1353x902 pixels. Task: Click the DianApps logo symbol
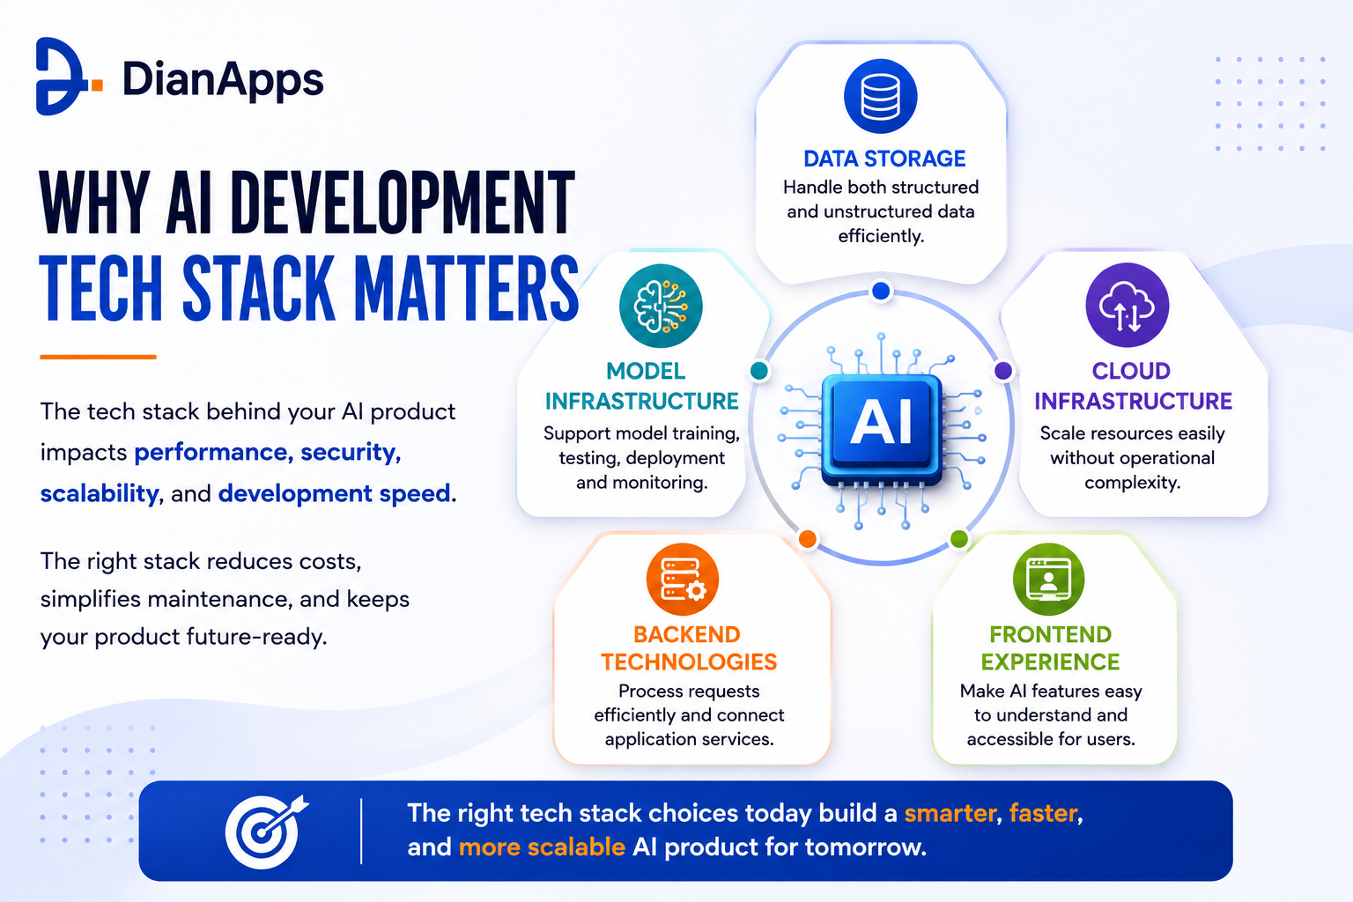tap(65, 76)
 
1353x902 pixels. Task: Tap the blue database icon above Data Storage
tap(881, 96)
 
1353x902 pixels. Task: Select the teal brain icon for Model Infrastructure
tap(661, 306)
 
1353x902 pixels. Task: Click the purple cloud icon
tap(1127, 305)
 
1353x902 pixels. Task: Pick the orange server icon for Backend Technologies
tap(683, 580)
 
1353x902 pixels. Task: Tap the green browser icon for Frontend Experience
tap(1048, 580)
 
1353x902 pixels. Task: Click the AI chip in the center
tap(881, 428)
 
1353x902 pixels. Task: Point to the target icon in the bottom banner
tap(266, 832)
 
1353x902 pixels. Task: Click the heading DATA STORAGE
tap(884, 159)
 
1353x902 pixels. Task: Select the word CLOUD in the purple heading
tap(1131, 371)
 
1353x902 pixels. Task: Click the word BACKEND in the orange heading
tap(687, 634)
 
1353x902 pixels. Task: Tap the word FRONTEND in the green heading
tap(1050, 634)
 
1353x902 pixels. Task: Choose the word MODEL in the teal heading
tap(646, 371)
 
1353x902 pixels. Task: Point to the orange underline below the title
tap(98, 357)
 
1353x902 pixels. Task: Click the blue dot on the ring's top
tap(881, 291)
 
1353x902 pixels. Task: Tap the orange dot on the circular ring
tap(808, 538)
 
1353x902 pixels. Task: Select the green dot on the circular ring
tap(959, 538)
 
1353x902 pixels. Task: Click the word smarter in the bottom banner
tap(950, 813)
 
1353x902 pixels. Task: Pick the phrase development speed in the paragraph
tap(334, 493)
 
